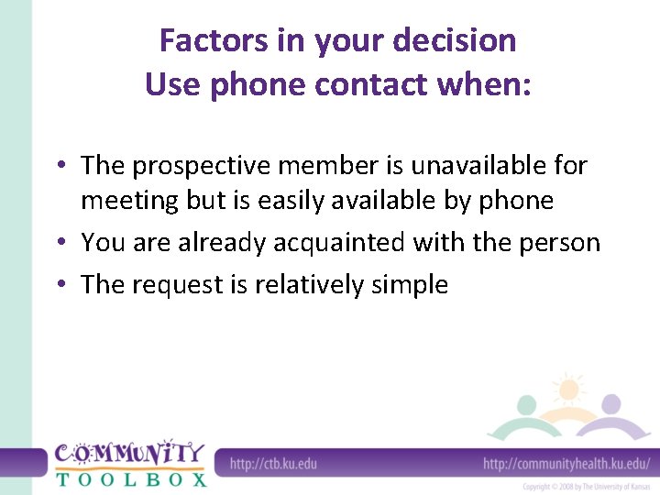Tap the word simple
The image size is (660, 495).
410,285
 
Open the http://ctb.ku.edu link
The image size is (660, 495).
272,463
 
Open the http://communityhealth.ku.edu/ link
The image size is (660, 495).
566,463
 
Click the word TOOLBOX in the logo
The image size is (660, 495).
130,478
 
